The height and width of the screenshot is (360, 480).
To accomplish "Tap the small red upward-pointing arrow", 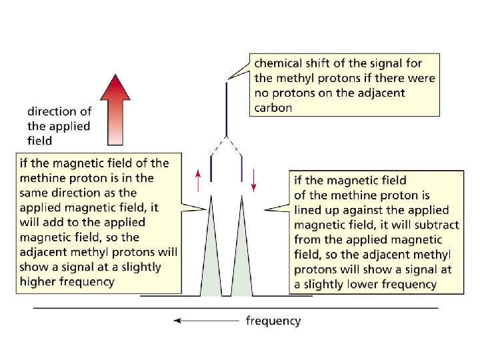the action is point(198,179).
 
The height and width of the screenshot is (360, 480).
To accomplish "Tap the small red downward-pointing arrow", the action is point(254,179).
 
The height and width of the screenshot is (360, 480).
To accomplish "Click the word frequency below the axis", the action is point(273,321).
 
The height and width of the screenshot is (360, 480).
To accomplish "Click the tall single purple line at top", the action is point(227,107).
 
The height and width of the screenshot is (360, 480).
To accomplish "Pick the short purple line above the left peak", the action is point(211,168).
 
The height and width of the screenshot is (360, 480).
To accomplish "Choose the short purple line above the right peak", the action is point(241,168).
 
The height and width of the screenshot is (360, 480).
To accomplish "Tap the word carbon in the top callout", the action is point(273,107).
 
